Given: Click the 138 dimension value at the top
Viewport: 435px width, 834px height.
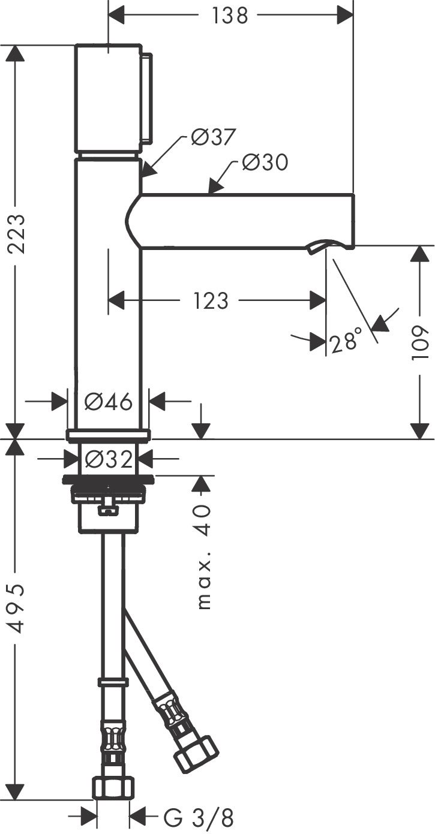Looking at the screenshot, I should [x=229, y=16].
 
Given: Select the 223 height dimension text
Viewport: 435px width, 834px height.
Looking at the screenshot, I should [x=16, y=234].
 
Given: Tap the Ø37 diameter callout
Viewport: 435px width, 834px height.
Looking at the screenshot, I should [x=213, y=137].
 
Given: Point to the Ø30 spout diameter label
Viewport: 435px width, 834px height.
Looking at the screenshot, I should [x=265, y=162].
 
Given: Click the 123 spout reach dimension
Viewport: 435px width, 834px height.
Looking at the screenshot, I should [x=211, y=300].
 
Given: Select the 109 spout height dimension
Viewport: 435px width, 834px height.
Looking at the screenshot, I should [x=422, y=342].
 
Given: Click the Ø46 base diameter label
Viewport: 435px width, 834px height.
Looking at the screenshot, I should [x=108, y=401].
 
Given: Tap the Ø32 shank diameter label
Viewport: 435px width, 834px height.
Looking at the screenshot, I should [x=108, y=460].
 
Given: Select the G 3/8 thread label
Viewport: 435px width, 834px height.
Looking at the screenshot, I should [x=198, y=817].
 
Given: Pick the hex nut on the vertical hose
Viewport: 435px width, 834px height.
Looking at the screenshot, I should [x=113, y=787].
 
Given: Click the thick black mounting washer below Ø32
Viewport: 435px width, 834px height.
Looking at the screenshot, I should [x=108, y=478].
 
